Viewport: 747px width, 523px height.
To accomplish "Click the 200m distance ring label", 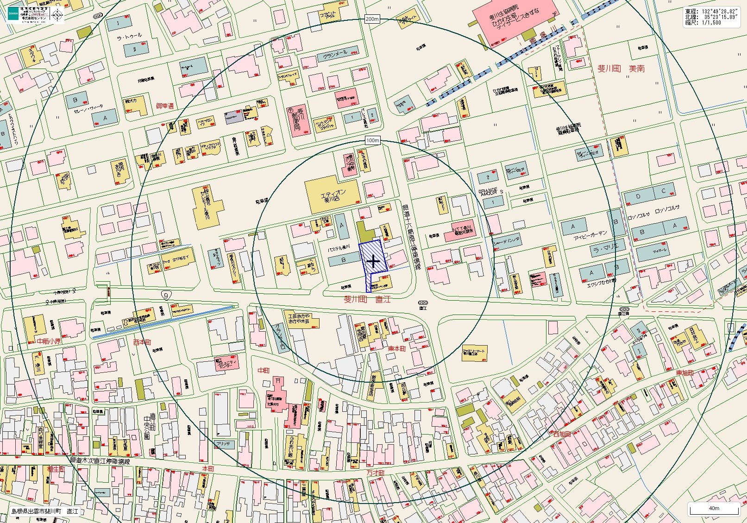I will click(372, 19).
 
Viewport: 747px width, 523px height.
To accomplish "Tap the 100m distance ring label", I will click(372, 140).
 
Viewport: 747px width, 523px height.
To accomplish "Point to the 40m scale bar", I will click(714, 509).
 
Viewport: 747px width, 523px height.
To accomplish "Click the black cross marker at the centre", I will click(373, 262).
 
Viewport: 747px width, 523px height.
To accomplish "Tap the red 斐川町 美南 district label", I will click(621, 69).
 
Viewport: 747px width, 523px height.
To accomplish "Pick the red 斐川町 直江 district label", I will click(367, 299).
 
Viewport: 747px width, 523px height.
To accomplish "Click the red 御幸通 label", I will click(164, 106).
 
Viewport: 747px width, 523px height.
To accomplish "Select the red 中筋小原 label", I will click(49, 341).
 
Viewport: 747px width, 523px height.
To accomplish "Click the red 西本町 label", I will click(142, 342).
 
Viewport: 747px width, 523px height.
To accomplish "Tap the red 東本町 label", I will click(396, 348).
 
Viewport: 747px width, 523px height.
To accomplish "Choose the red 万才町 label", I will click(376, 473).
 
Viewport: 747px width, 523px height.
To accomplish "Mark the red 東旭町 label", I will click(685, 373).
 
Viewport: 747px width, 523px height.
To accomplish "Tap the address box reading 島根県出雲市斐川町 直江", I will click(45, 512).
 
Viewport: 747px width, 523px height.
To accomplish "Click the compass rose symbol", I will click(57, 15).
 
